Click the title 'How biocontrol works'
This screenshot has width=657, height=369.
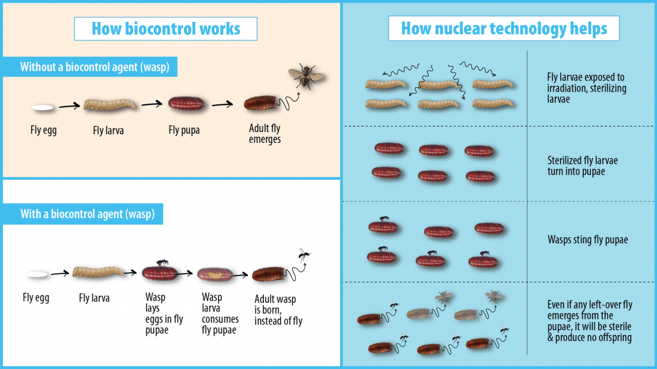(x=165, y=29)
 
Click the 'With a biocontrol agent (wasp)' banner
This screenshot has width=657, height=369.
(x=88, y=214)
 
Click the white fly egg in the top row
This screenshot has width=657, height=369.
(x=42, y=107)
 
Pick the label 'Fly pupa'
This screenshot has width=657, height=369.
(x=184, y=130)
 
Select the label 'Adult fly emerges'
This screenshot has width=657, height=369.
(x=265, y=134)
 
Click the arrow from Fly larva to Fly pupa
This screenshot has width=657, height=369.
(x=152, y=104)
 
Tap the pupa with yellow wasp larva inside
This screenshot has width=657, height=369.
(x=214, y=274)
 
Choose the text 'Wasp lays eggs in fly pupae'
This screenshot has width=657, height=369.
(x=164, y=314)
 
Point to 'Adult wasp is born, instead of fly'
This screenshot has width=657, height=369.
(x=278, y=310)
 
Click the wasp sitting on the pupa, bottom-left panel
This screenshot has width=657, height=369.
(x=163, y=263)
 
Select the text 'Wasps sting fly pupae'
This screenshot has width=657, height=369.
(x=587, y=240)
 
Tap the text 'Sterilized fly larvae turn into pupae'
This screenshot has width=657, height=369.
(x=582, y=166)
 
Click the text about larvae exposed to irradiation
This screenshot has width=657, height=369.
(x=586, y=88)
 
